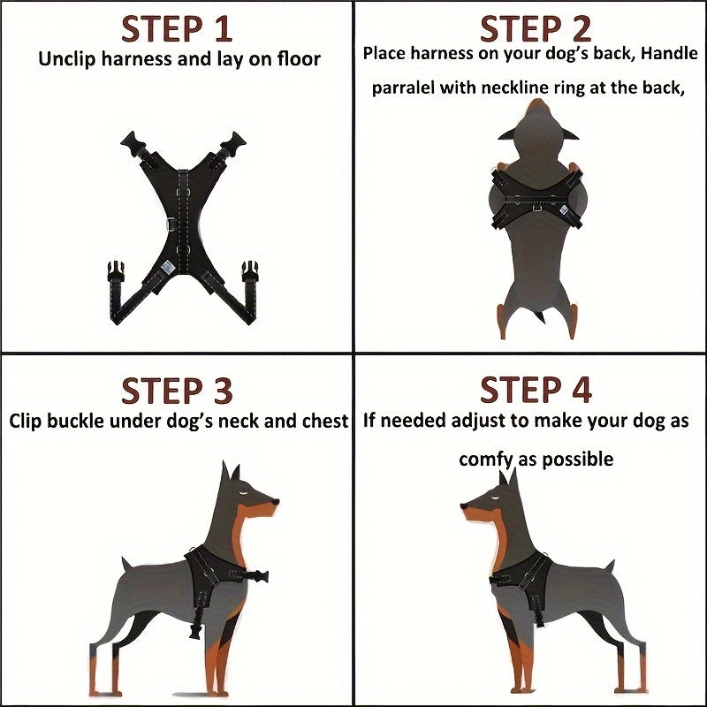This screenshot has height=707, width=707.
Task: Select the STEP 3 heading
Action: (x=176, y=390)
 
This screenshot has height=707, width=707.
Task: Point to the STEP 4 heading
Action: (x=535, y=390)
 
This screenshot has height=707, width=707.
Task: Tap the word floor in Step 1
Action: (x=297, y=60)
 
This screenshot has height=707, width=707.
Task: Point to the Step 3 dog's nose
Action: (x=277, y=502)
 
